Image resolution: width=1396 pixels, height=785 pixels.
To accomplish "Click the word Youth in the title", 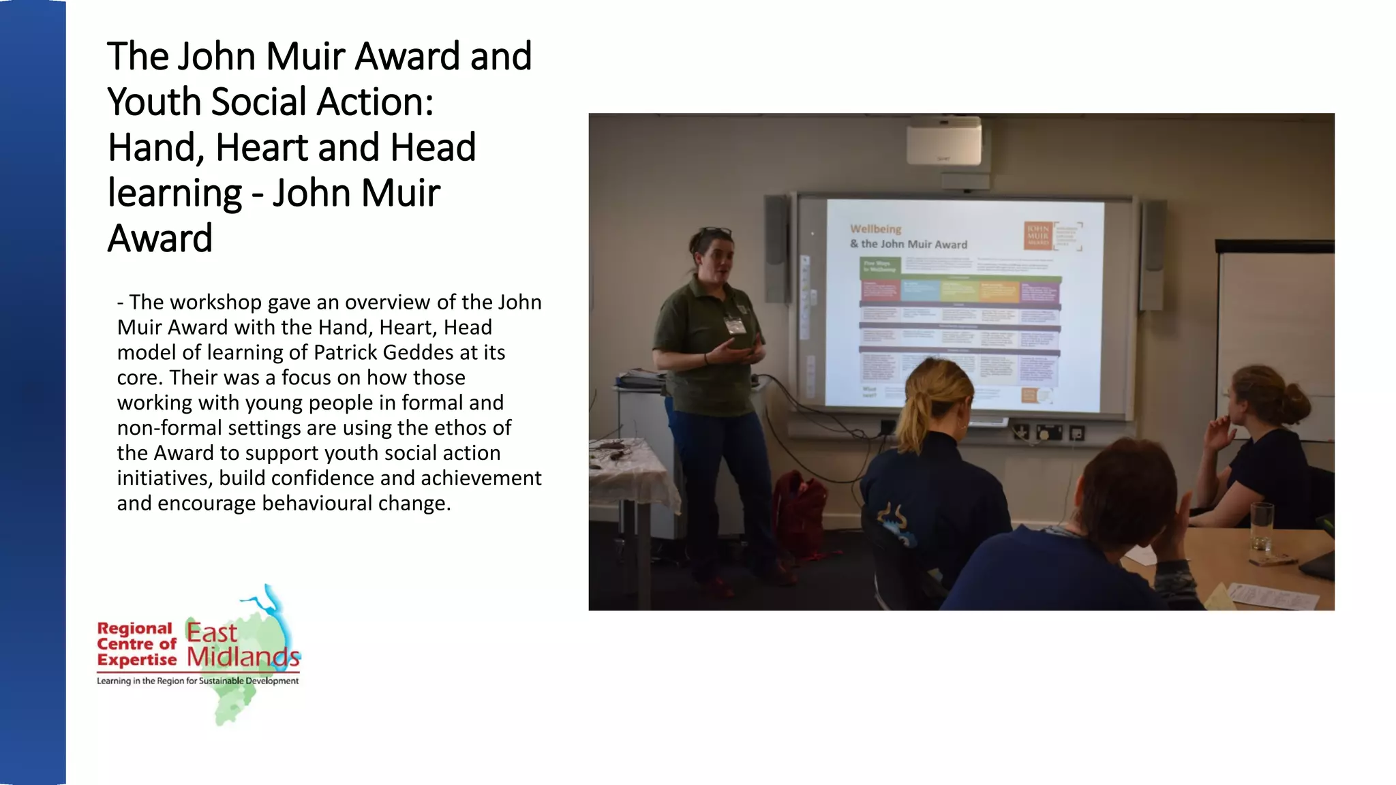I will point(155,102).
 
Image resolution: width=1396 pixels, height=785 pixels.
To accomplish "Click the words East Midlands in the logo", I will point(242,645).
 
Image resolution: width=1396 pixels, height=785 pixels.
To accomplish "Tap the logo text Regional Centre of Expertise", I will point(136,644).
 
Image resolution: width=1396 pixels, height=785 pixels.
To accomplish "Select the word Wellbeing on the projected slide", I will point(876,229).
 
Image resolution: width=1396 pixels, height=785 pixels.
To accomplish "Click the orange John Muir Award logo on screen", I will point(1038,235).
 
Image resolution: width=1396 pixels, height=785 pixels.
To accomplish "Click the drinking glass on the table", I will point(1262,525).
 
